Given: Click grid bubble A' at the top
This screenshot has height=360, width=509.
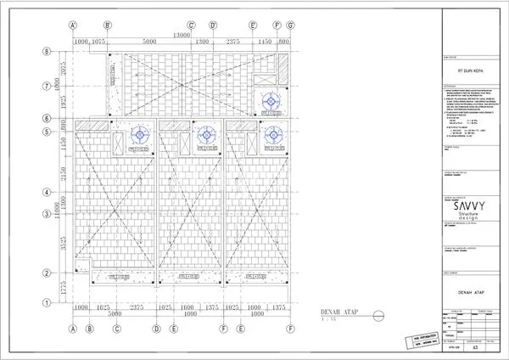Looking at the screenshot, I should click(74, 25).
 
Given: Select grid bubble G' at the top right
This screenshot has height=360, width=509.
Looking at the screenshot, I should click(290, 25).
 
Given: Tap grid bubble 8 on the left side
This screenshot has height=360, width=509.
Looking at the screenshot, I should click(48, 52).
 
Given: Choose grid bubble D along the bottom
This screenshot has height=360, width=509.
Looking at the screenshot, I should click(156, 328).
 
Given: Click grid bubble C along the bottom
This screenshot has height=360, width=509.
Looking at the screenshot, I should click(117, 328).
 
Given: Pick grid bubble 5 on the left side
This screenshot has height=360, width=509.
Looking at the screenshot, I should click(48, 132).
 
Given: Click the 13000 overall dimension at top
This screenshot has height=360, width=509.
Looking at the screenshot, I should click(182, 35).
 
